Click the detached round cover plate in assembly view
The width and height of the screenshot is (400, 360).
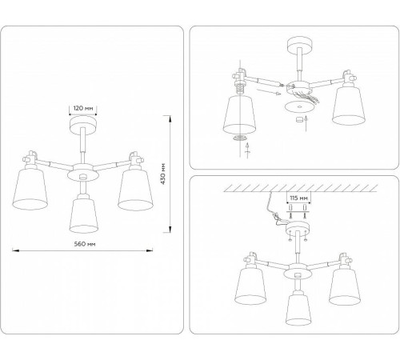point(297,107)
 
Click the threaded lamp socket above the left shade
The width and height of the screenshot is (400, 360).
point(238,86)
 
